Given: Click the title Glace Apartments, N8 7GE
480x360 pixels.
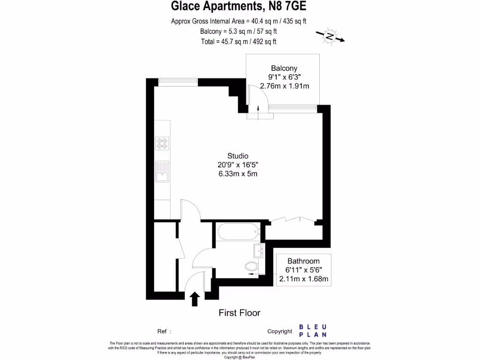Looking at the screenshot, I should pyautogui.click(x=239, y=6).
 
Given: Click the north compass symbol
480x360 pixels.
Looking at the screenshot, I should pyautogui.click(x=330, y=36).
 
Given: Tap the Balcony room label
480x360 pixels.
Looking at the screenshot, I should pyautogui.click(x=284, y=68).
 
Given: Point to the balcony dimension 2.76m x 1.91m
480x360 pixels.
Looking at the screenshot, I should pyautogui.click(x=284, y=86).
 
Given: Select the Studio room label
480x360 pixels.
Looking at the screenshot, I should pyautogui.click(x=238, y=156).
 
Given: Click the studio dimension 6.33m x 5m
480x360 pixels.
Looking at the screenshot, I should pyautogui.click(x=238, y=174).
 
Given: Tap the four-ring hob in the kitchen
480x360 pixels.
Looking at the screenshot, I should pyautogui.click(x=162, y=143).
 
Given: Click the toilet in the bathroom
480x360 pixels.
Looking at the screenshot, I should pyautogui.click(x=251, y=267).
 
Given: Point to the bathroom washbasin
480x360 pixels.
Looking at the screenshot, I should pyautogui.click(x=258, y=251).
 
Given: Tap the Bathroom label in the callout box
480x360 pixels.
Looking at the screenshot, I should pyautogui.click(x=303, y=261).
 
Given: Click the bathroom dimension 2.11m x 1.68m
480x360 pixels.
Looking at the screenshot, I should pyautogui.click(x=303, y=279).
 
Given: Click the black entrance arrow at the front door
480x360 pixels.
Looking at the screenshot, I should pyautogui.click(x=195, y=299).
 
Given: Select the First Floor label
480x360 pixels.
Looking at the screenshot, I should pyautogui.click(x=240, y=313).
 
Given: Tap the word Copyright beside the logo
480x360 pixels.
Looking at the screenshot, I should pyautogui.click(x=279, y=331).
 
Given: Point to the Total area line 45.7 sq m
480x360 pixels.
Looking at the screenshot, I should pyautogui.click(x=239, y=41).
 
